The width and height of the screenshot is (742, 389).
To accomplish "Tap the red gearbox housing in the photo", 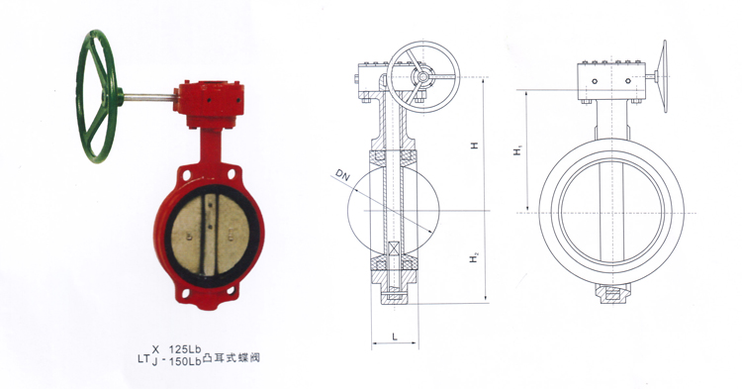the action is pos(209,103).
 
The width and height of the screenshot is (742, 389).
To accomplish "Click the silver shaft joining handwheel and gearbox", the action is pos(149,97).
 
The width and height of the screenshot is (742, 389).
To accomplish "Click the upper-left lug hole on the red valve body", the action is pos(187,174).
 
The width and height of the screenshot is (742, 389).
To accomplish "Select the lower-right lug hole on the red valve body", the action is pos(231,291).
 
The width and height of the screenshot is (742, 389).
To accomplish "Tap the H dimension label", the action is pos(474,146).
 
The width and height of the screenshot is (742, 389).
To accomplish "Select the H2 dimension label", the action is pos(474,258).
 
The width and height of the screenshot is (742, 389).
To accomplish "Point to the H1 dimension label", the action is pos(518,150).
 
